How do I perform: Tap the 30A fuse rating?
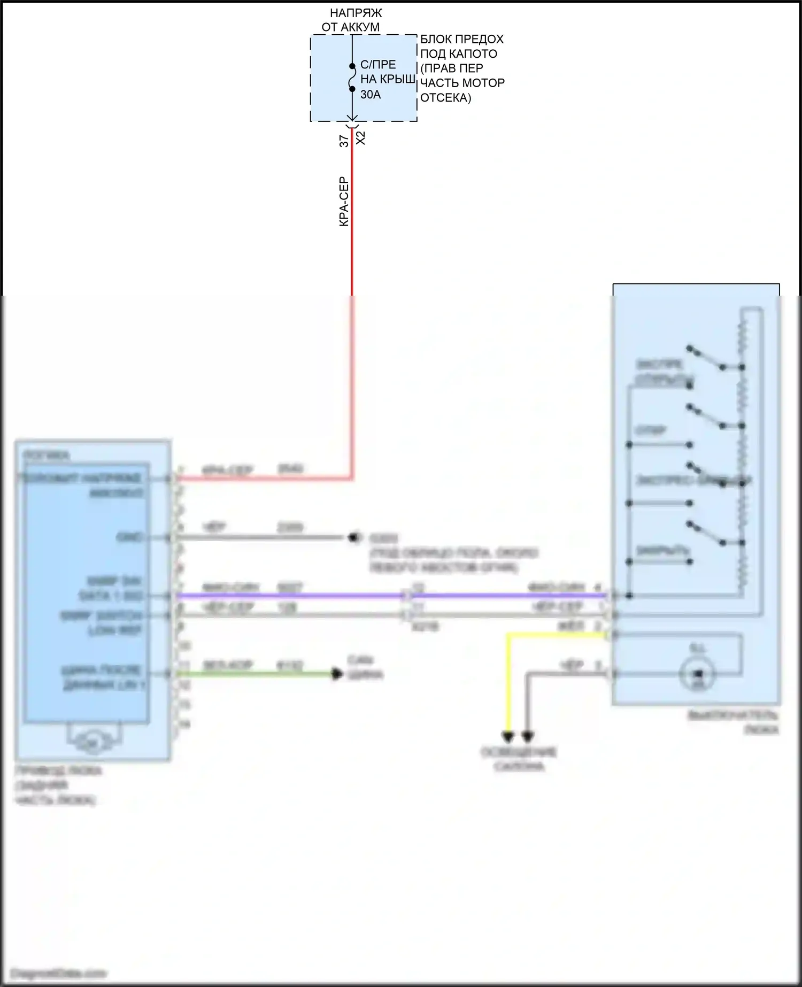(371, 95)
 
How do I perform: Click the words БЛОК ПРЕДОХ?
(462, 39)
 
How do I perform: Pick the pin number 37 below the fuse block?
(344, 141)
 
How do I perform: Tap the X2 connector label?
(361, 137)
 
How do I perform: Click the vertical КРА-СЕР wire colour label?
(344, 202)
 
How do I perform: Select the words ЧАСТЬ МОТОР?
(462, 83)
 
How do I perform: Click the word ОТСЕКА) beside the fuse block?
(445, 98)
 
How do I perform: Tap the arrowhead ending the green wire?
(337, 674)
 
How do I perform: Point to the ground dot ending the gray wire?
(353, 537)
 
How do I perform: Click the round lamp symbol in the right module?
(697, 674)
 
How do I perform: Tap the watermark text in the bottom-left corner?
(59, 973)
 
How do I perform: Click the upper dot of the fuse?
(352, 66)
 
